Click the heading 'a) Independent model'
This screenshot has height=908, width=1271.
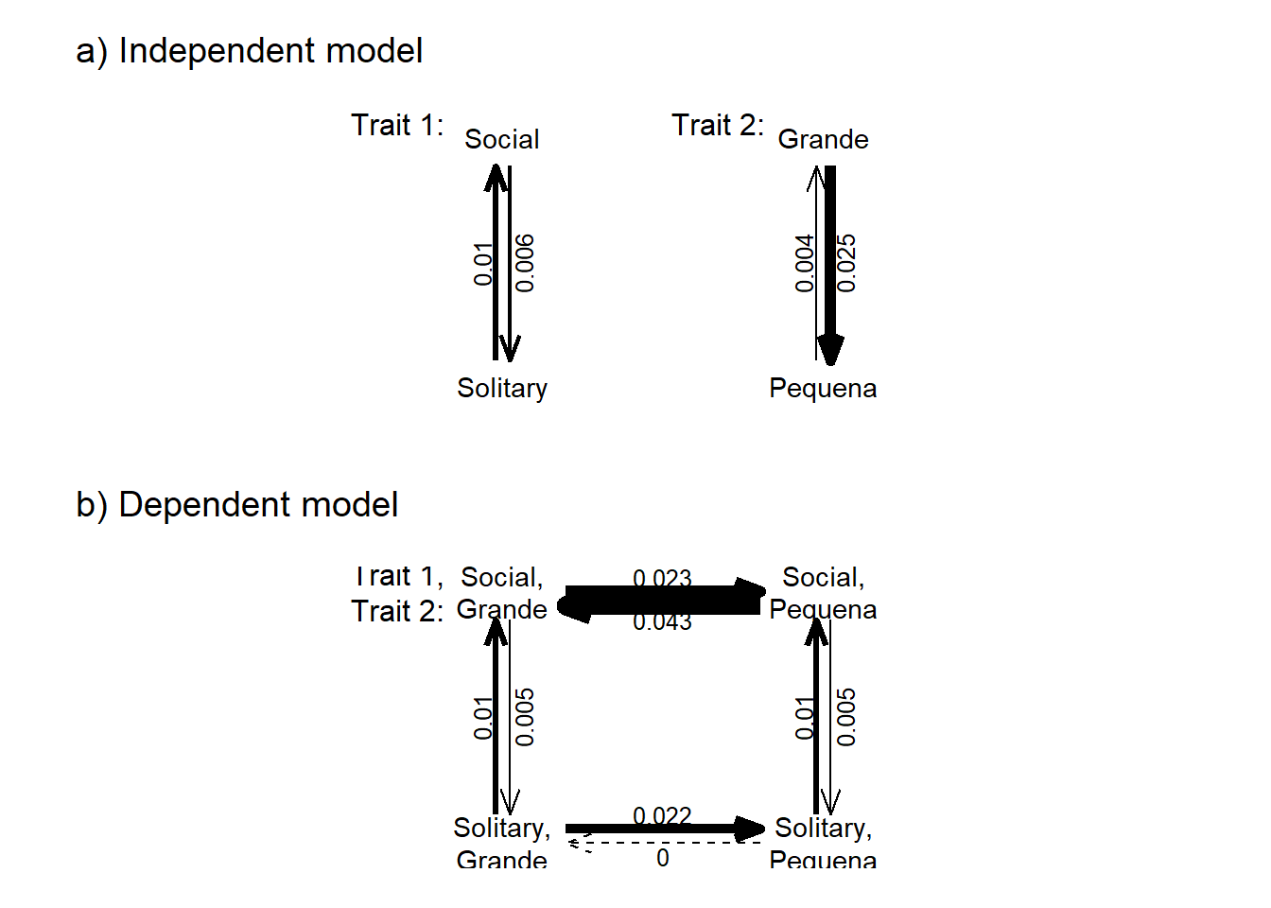coord(249,51)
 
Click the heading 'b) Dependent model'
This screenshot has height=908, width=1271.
coord(236,505)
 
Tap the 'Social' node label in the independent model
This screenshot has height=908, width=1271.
coord(501,140)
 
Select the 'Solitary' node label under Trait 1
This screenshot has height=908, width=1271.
coord(501,389)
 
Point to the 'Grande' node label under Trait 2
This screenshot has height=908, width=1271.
coord(823,140)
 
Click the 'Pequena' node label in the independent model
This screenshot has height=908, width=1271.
coord(823,389)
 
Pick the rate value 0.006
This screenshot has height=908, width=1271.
coord(525,263)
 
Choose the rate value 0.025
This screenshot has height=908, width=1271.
coord(846,263)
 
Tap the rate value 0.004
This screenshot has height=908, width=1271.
coord(804,263)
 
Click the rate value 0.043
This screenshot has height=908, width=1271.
coord(662,622)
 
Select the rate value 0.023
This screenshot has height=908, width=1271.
coord(662,577)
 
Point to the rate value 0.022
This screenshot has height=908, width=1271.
coord(662,815)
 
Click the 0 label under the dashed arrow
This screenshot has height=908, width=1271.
coord(662,858)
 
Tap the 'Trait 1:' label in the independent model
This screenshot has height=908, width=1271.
coord(397,125)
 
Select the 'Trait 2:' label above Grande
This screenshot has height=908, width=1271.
coord(718,125)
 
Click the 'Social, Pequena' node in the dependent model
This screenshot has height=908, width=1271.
coord(823,593)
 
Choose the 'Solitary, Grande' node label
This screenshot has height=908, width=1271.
coord(501,844)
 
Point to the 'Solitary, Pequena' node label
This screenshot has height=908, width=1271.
coord(823,844)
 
